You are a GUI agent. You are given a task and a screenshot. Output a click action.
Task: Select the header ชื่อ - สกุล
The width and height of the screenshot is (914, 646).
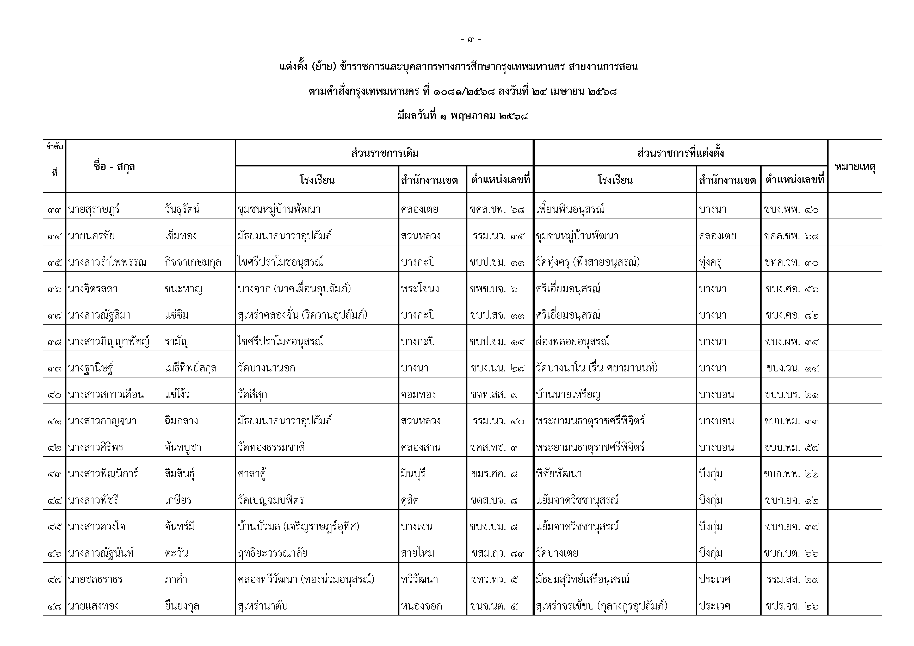114,167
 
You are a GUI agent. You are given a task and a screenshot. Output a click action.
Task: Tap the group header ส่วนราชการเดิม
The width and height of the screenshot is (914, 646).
385,153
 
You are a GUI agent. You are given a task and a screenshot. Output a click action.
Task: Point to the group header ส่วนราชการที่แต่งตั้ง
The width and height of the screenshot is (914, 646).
680,153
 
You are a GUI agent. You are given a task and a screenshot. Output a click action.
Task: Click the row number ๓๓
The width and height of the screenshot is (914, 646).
54,210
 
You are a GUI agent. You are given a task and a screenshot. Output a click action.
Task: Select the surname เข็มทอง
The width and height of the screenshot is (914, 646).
181,236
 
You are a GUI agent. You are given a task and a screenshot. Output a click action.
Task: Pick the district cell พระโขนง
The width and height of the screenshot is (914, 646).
420,289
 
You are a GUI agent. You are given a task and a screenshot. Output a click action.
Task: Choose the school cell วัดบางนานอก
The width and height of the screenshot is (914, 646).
266,368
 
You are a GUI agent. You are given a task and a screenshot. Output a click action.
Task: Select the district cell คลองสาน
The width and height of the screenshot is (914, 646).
421,448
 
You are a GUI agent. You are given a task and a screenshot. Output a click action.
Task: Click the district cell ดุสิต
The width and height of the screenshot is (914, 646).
410,500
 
